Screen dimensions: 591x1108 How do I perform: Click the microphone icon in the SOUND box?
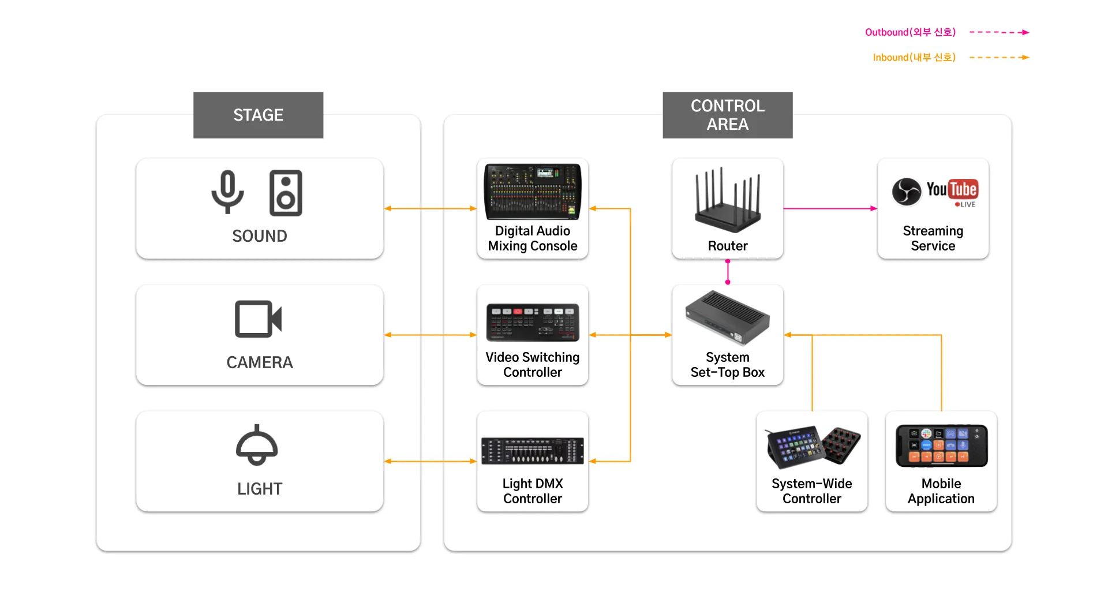227,192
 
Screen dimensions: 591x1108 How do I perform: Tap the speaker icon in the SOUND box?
286,193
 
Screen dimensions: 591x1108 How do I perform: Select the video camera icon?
258,319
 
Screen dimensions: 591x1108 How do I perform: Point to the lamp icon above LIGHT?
257,445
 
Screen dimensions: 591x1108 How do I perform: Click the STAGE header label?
258,115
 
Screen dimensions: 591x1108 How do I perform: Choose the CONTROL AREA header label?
727,115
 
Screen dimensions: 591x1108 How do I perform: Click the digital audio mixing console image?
532,192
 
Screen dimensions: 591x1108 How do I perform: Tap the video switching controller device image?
532,322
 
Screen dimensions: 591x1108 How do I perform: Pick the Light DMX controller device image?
532,451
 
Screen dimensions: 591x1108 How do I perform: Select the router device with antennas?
728,200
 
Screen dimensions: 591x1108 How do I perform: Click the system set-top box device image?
728,318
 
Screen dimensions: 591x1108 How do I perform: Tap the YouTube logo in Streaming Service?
952,189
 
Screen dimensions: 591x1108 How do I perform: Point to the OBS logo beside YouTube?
907,192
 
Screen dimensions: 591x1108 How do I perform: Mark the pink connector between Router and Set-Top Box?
728,272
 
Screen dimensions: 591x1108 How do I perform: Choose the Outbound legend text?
910,32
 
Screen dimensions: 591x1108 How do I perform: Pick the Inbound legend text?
914,58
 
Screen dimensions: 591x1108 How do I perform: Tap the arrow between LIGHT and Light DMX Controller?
430,461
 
